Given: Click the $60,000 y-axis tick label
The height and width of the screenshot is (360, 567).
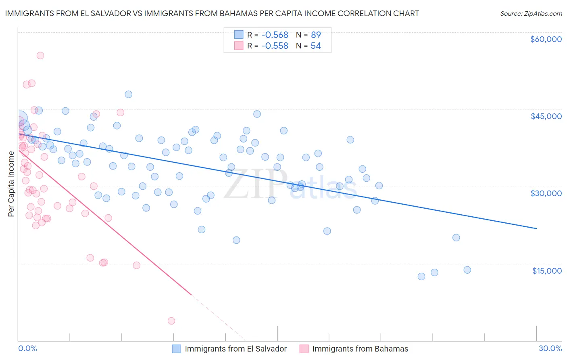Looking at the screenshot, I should [x=546, y=39].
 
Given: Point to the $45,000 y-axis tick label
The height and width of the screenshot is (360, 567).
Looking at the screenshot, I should [x=546, y=116].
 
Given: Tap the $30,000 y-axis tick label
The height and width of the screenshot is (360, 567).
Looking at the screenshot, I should [x=546, y=193].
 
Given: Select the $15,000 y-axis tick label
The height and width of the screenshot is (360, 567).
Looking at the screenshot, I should [x=547, y=271].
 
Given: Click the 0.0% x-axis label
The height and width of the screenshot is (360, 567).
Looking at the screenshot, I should [x=27, y=348].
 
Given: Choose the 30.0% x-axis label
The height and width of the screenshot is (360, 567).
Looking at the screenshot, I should [x=550, y=348].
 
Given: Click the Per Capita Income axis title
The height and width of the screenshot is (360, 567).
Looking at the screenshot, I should [x=11, y=184].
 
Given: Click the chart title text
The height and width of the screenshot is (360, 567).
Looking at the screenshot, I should [x=212, y=13].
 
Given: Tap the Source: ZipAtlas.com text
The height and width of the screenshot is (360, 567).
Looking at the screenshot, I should [x=531, y=13].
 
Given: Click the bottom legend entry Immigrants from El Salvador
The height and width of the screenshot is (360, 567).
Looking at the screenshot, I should [x=236, y=349].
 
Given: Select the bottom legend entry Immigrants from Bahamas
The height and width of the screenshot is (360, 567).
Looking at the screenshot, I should [x=360, y=349].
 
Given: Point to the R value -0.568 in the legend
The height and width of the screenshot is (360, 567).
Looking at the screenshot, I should [x=275, y=35].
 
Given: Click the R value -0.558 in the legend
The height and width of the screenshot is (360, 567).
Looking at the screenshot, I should [x=275, y=46].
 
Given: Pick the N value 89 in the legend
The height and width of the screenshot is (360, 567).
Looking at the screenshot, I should [x=316, y=35].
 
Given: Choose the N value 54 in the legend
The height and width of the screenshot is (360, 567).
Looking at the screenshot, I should [x=316, y=46].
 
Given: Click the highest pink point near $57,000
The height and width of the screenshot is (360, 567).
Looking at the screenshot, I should [x=40, y=56].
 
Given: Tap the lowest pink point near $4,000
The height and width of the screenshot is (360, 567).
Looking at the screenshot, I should [x=171, y=321].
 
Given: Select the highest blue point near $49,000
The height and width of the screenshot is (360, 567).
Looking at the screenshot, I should [x=129, y=94].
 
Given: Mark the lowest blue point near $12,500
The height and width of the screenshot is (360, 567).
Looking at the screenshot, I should [x=421, y=276].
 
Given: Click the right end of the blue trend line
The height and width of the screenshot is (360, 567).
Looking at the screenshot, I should [x=537, y=228].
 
